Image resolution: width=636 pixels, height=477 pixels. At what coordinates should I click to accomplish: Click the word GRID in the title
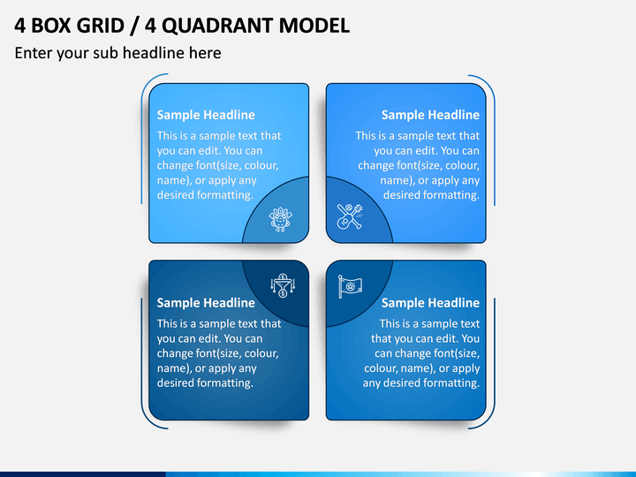[100, 26]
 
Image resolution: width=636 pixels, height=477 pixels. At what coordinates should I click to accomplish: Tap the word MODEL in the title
[314, 26]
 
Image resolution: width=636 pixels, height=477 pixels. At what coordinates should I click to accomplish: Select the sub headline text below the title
[118, 53]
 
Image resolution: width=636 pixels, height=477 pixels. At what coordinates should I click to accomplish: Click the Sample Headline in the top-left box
[206, 115]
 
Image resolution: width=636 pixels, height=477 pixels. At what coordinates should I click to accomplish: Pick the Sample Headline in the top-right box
[430, 115]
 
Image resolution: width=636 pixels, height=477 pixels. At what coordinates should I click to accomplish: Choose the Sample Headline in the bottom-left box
[206, 303]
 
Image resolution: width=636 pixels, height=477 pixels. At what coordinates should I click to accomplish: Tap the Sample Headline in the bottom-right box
[430, 303]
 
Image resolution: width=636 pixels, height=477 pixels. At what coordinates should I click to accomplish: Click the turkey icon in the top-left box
[280, 219]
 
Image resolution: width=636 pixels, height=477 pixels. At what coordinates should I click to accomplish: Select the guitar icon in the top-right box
[349, 216]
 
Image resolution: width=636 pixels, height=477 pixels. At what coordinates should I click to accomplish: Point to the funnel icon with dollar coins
[283, 285]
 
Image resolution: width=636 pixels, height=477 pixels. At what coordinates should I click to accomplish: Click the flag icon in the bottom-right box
[350, 286]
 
